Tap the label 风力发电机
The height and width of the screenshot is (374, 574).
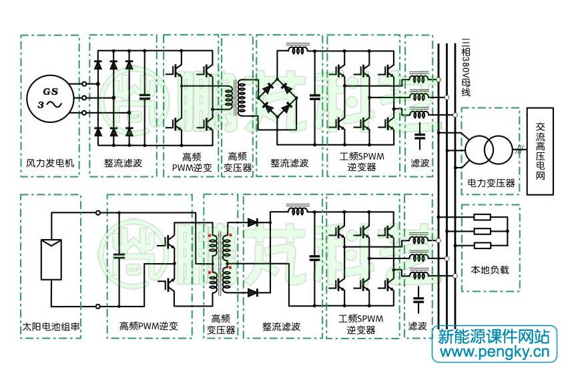point(50,163)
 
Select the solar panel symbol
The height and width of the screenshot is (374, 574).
point(51,259)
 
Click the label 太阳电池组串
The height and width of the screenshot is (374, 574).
point(51,327)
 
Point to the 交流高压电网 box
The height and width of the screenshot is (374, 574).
point(540,151)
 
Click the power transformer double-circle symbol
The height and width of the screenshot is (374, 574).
point(489,150)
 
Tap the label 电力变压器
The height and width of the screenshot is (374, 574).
point(491,183)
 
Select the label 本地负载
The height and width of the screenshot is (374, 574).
point(490,270)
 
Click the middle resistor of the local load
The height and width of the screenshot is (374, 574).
point(482,231)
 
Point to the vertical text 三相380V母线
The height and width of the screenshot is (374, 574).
point(466,67)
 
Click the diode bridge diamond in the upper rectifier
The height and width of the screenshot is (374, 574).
point(277,98)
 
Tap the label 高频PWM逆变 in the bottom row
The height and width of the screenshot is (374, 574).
point(149,326)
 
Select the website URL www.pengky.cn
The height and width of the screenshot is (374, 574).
point(495,353)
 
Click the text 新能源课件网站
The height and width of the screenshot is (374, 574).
point(494,337)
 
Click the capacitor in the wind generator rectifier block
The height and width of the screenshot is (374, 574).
point(145,97)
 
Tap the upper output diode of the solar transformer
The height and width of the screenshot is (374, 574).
point(253,222)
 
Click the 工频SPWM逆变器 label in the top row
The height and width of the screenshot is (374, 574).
point(362,162)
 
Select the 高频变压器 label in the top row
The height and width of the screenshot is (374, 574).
point(238,162)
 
